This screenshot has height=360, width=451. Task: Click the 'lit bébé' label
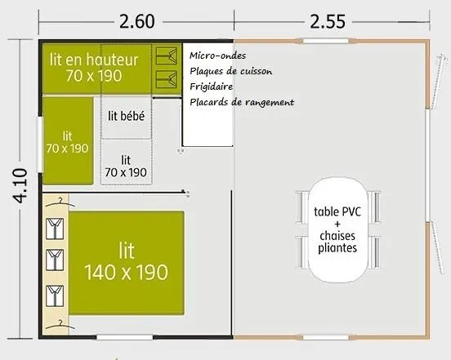[x=126, y=116]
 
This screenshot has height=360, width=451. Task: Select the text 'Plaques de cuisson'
[x=230, y=71]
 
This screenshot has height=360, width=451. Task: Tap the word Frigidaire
[x=212, y=87]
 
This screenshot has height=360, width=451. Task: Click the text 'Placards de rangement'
[x=240, y=102]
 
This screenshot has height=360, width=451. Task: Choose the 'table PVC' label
[x=337, y=211]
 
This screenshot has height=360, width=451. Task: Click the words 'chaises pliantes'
[x=337, y=242]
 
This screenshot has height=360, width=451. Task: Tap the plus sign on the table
[x=337, y=224]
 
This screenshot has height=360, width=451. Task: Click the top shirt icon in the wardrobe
[x=56, y=224]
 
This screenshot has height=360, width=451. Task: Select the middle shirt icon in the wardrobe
[x=56, y=258]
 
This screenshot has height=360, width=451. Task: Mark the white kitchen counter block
[x=208, y=122]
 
